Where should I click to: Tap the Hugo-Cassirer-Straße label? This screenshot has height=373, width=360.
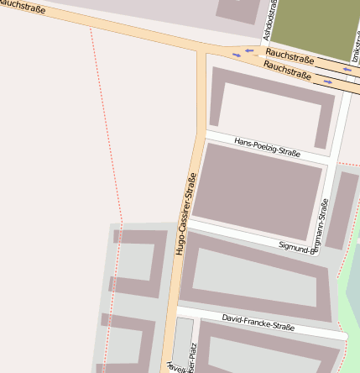click(x=185, y=213)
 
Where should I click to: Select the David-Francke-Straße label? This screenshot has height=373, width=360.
click(x=258, y=323)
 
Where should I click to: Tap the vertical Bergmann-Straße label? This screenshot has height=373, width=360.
click(x=324, y=222)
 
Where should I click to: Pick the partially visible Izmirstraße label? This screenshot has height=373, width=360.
click(x=356, y=47)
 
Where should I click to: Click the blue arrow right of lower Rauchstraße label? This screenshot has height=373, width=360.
click(x=327, y=82)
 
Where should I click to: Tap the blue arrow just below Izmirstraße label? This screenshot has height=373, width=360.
click(x=347, y=70)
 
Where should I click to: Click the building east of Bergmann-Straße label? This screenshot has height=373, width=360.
click(x=342, y=210)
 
